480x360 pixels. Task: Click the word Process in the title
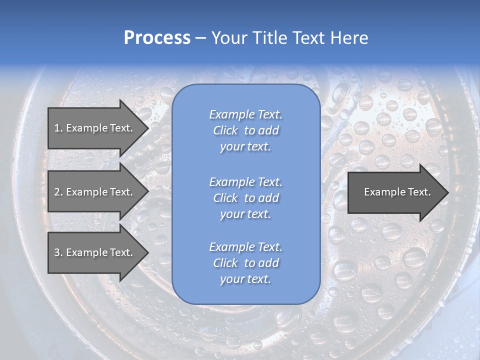click(x=157, y=38)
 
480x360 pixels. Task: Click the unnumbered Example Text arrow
click(x=397, y=192)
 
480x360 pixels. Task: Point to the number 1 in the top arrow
click(x=57, y=128)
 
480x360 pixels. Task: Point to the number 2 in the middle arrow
click(x=57, y=192)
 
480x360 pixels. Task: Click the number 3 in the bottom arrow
click(x=57, y=252)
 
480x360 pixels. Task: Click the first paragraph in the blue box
click(x=245, y=130)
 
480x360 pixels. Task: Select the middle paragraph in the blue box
click(x=245, y=198)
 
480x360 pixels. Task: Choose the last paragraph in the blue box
click(x=245, y=263)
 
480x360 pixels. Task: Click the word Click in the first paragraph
click(x=225, y=130)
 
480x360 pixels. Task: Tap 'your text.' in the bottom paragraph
click(x=245, y=279)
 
